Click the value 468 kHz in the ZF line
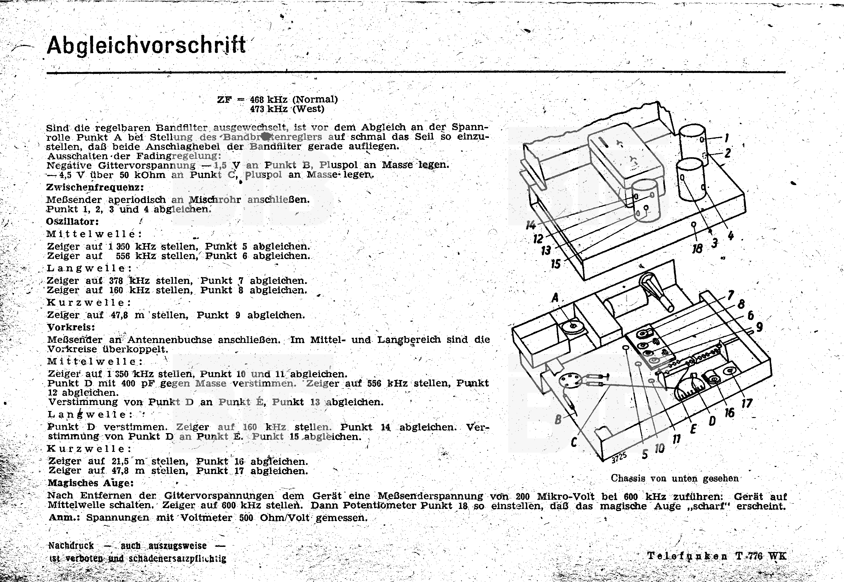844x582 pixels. coord(268,99)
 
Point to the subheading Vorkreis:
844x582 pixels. coord(71,327)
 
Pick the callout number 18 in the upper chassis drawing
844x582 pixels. coord(697,249)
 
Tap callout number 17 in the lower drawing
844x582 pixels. coord(747,403)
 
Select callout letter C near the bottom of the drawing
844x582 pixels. coord(574,442)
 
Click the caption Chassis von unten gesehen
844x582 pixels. coord(674,478)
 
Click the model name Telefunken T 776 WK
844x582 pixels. coord(717,556)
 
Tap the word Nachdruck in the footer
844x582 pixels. coord(71,546)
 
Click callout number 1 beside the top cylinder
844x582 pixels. coord(727,138)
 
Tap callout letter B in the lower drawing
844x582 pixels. coord(558,420)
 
